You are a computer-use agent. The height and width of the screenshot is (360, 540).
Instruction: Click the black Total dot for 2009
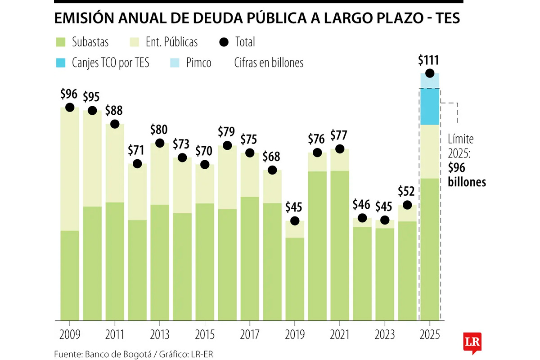70,107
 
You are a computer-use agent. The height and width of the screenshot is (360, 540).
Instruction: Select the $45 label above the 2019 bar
295,208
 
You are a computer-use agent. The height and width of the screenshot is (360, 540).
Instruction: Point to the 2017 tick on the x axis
250,334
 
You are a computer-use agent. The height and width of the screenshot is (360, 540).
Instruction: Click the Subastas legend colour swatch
61,42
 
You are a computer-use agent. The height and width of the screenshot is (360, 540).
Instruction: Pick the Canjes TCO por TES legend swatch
61,63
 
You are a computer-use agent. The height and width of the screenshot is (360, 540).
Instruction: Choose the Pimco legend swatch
175,63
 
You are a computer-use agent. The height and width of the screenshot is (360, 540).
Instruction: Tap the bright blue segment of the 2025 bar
430,107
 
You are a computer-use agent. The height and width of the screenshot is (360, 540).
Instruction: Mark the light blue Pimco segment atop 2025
430,81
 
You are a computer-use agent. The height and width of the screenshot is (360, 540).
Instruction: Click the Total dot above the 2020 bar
317,153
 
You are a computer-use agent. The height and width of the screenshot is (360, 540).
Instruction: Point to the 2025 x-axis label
430,334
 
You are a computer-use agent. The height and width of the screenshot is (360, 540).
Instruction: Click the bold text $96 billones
467,175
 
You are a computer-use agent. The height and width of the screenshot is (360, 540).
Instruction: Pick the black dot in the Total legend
224,42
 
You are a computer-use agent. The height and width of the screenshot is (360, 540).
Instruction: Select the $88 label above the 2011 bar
115,111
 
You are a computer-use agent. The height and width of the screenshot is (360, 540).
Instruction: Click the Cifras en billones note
269,63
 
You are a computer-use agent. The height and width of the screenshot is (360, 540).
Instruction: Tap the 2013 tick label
160,334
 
